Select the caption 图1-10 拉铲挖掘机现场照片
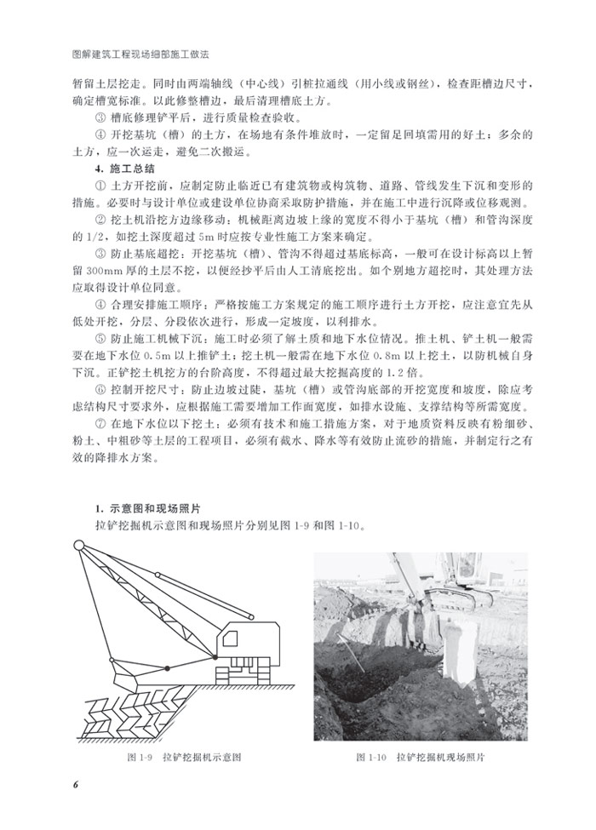click(425, 756)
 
